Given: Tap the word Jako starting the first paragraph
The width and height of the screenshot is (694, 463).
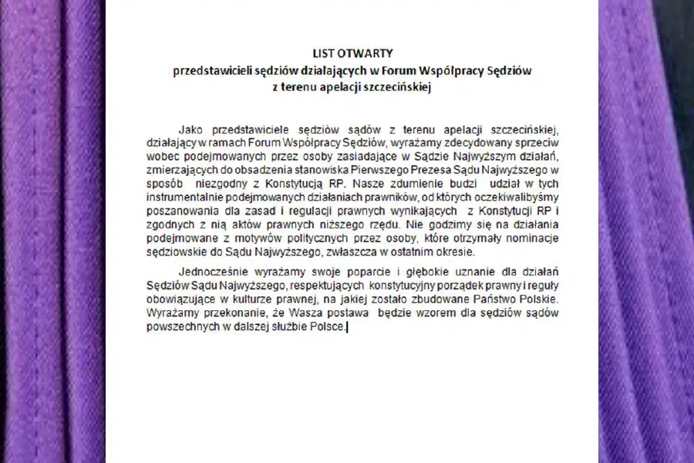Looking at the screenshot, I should [190, 129].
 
